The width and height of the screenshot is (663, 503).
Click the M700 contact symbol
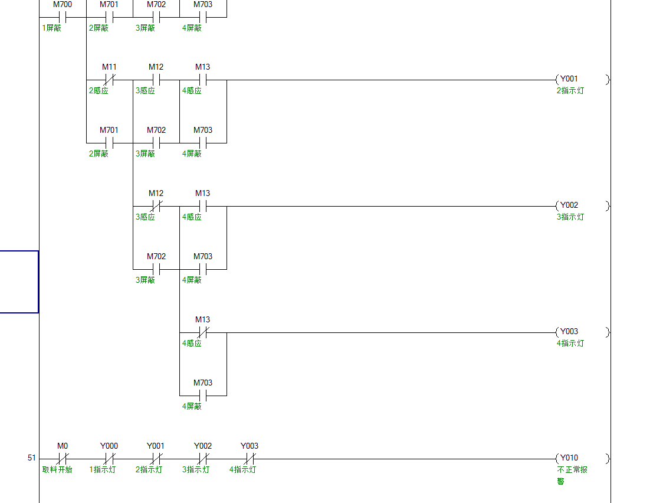[62, 17]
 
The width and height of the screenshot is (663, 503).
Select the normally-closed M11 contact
[109, 80]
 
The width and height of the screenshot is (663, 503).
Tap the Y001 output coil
[582, 80]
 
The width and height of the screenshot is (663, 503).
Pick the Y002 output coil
[582, 206]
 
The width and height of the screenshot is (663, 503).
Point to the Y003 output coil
[582, 332]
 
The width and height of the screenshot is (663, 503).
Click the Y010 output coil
[582, 459]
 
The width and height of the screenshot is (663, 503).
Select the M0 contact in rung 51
[62, 459]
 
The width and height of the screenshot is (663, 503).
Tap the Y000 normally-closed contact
[109, 459]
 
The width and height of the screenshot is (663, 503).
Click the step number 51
[32, 458]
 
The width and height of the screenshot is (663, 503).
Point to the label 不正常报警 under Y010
[572, 475]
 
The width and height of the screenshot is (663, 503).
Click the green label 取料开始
[57, 470]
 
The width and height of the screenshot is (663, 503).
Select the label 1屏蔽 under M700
[51, 28]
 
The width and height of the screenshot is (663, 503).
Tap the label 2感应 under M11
[99, 91]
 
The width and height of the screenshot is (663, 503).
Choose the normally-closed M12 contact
[156, 206]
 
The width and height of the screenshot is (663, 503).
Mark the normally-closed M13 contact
[202, 332]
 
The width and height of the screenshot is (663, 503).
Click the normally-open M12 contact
[156, 80]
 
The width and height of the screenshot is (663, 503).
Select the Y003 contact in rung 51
[250, 459]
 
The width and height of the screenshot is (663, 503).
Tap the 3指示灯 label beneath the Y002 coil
[570, 217]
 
